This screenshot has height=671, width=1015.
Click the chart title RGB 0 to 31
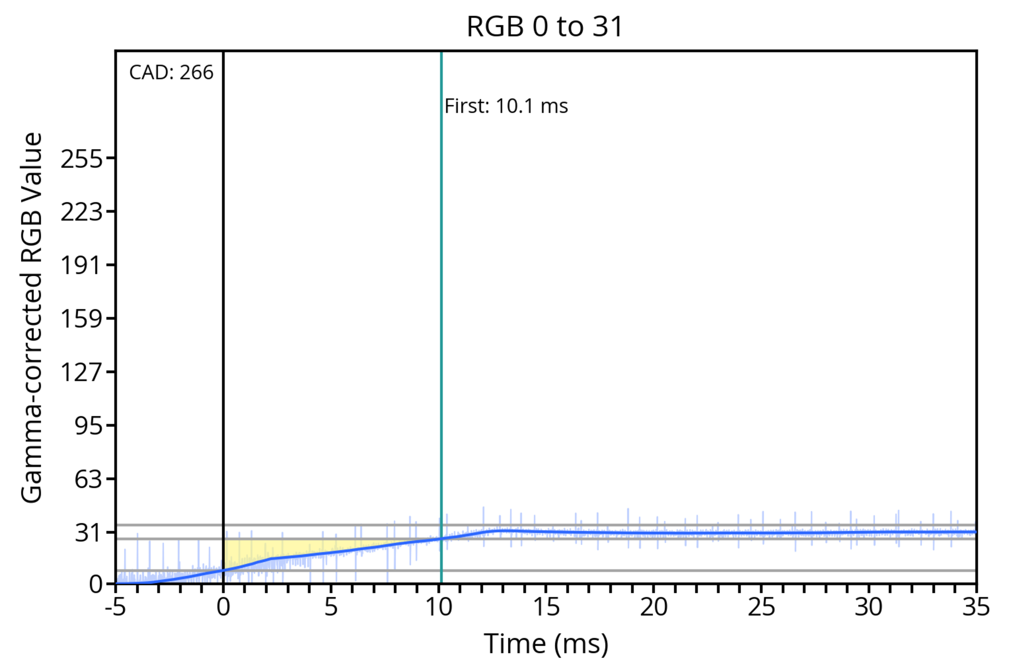(545, 26)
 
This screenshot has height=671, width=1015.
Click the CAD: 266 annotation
(171, 73)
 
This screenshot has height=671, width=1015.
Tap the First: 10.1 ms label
(506, 106)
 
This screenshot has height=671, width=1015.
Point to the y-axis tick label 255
(81, 160)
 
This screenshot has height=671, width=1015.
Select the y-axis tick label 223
(81, 212)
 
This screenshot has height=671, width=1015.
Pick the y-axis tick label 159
(81, 319)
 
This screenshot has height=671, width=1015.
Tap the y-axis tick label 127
(81, 372)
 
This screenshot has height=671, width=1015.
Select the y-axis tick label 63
(89, 479)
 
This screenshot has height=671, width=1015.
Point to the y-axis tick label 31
(89, 533)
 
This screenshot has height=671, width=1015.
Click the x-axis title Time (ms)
(546, 644)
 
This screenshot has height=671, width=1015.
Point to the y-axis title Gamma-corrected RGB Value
(32, 318)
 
